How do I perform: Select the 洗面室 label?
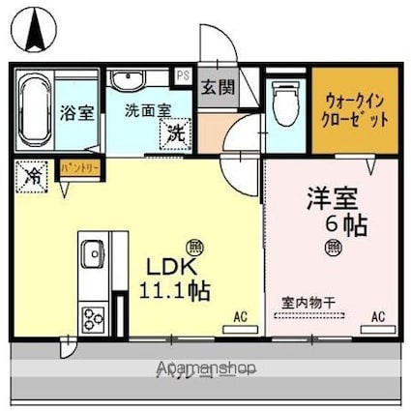tap(146, 109)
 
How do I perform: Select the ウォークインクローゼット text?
tap(357, 110)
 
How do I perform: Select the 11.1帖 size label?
tap(178, 289)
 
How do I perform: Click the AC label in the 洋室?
tap(379, 316)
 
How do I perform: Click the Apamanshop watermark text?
tap(205, 368)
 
